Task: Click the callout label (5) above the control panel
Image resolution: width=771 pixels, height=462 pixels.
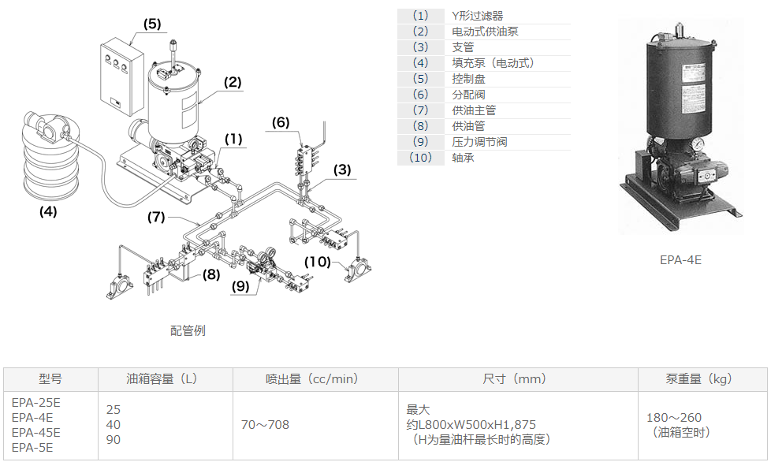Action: (x=152, y=24)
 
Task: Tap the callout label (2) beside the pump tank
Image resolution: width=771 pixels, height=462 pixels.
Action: (x=232, y=82)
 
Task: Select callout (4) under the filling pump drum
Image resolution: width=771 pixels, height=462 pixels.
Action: (x=48, y=211)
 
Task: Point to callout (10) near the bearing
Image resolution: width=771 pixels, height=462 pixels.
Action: (x=318, y=261)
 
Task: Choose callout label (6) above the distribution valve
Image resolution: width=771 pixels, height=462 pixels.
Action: (x=281, y=122)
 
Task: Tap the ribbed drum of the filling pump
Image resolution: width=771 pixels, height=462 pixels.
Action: (x=49, y=162)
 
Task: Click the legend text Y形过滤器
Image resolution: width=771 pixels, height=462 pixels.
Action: (x=476, y=16)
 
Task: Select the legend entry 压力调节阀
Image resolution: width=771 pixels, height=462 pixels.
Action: (x=479, y=142)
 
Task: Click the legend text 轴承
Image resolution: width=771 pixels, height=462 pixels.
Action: (x=463, y=158)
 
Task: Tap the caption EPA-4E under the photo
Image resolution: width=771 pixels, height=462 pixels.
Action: (x=680, y=259)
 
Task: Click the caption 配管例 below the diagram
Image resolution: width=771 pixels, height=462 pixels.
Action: (x=188, y=330)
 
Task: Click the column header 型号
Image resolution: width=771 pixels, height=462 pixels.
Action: (x=50, y=379)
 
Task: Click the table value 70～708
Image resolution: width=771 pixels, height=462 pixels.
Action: (x=265, y=425)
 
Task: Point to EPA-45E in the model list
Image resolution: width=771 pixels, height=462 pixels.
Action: (x=36, y=432)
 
